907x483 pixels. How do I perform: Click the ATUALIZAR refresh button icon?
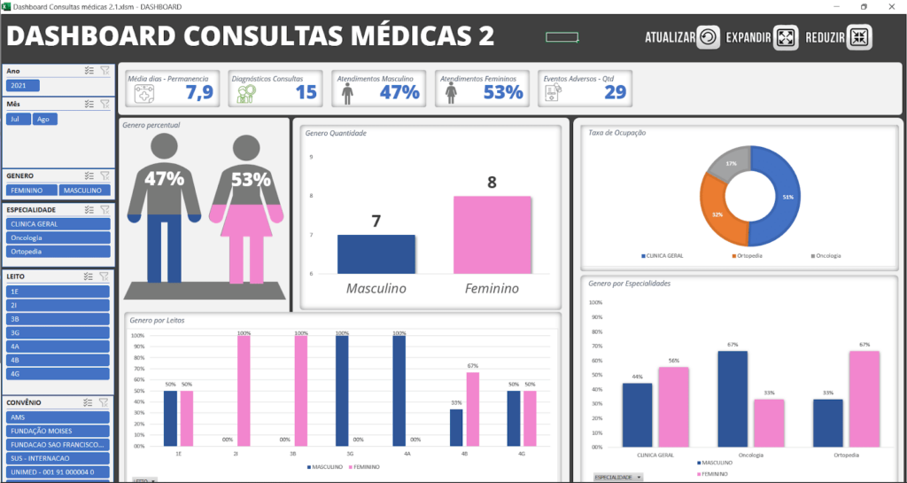708,37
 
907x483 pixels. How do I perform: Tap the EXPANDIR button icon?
786,37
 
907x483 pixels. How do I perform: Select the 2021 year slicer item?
19,86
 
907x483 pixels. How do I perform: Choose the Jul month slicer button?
18,119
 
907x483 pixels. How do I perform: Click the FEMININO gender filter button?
31,191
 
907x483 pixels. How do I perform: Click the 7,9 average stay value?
200,92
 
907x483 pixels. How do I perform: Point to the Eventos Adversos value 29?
615,92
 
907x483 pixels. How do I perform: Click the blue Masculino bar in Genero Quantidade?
376,254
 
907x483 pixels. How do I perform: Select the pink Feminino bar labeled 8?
492,235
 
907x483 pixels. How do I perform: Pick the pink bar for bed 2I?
244,391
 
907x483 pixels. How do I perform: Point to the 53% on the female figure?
251,179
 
